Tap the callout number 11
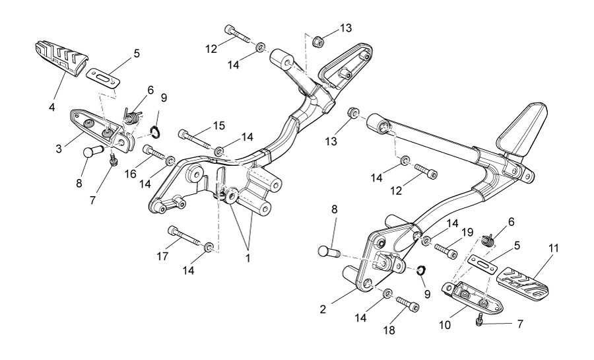tap(553, 248)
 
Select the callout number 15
tap(219, 126)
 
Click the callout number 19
tap(467, 232)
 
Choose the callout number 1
tap(248, 258)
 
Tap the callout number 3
tap(59, 149)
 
